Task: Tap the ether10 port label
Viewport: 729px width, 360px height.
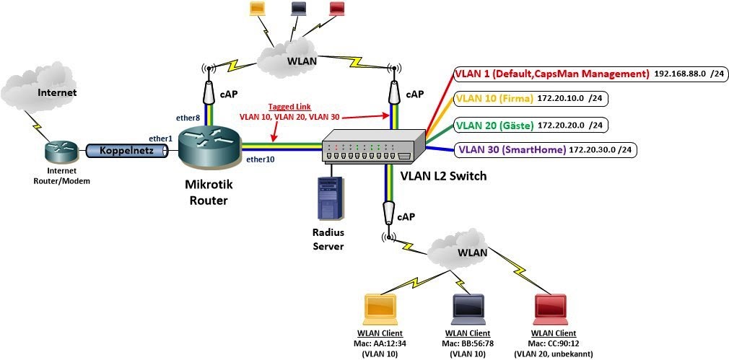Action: coord(259,159)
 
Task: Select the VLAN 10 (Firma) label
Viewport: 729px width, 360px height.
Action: coord(494,98)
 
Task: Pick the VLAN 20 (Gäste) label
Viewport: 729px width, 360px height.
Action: coord(494,126)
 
